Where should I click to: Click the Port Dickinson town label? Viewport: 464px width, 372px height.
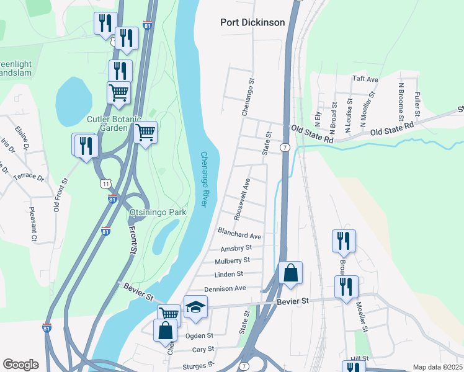click(x=252, y=22)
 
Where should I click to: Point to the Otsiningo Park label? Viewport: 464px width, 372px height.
click(x=158, y=212)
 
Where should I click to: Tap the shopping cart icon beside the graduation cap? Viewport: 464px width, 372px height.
click(x=168, y=314)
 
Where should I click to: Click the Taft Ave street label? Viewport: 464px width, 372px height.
click(x=365, y=79)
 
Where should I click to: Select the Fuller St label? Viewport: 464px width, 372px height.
click(x=417, y=105)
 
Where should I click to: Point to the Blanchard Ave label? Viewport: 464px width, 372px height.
click(x=239, y=232)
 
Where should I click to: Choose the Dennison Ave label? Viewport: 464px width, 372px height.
click(x=225, y=288)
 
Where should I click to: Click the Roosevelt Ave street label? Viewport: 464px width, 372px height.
click(x=242, y=199)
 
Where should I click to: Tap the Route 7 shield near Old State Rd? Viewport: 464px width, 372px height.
click(x=284, y=147)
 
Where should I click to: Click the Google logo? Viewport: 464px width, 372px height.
click(x=20, y=365)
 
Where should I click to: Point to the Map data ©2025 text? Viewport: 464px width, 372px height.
click(x=437, y=367)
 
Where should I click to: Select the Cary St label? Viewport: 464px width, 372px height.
click(x=203, y=350)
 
